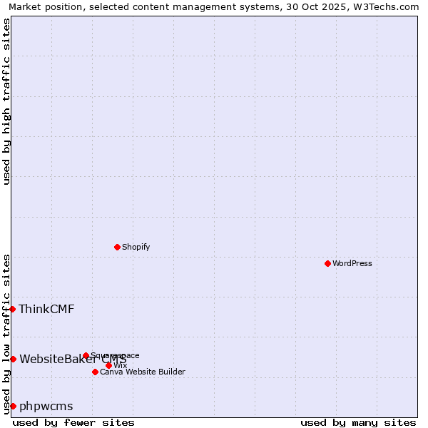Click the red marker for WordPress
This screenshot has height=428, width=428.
click(327, 263)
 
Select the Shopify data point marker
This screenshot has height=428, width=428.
click(118, 247)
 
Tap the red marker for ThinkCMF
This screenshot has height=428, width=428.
click(13, 309)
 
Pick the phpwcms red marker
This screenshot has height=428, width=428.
click(13, 406)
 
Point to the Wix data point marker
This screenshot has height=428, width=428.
click(108, 365)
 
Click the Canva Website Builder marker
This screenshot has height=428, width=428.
click(95, 372)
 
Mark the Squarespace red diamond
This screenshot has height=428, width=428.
click(86, 355)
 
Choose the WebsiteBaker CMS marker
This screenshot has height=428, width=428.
click(13, 359)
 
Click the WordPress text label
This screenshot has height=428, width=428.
click(352, 263)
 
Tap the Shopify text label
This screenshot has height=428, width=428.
click(136, 247)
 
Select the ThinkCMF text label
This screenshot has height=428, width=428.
click(46, 309)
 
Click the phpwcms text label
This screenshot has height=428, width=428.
click(46, 406)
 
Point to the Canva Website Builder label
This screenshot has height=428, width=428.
click(143, 372)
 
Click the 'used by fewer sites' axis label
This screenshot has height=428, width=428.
click(73, 422)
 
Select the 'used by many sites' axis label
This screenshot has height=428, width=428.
click(358, 422)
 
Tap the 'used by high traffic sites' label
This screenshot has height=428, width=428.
click(6, 101)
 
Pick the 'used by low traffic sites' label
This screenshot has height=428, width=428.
click(6, 334)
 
